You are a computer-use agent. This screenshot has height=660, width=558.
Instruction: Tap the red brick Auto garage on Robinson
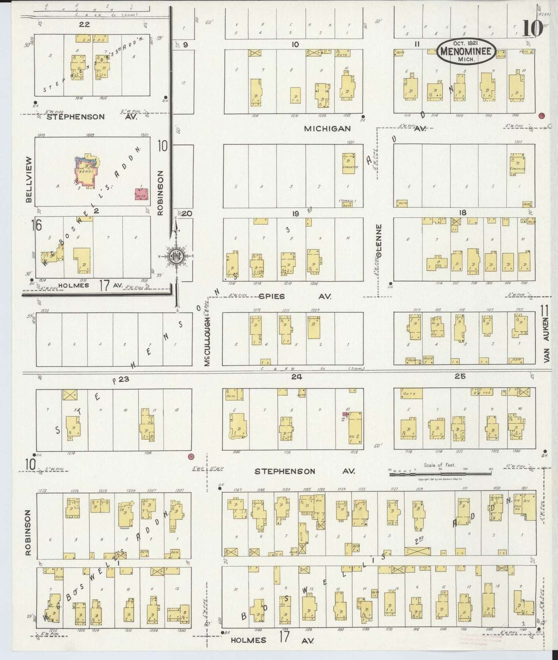pyautogui.click(x=141, y=195)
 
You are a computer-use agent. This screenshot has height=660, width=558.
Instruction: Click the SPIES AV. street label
pyautogui.click(x=272, y=296)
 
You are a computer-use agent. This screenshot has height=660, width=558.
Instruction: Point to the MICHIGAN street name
pyautogui.click(x=327, y=129)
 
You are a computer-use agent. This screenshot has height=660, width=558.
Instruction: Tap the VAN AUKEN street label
pyautogui.click(x=546, y=340)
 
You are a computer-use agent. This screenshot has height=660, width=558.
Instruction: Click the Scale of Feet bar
pyautogui.click(x=440, y=470)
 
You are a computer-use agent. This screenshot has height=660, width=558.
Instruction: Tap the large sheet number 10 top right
pyautogui.click(x=533, y=28)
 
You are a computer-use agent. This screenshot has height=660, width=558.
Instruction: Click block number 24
pyautogui.click(x=296, y=377)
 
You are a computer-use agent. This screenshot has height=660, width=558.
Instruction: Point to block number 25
pyautogui.click(x=460, y=376)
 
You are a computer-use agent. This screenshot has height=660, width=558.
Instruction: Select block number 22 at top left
pyautogui.click(x=84, y=24)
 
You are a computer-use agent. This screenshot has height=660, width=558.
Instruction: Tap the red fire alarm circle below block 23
pyautogui.click(x=191, y=457)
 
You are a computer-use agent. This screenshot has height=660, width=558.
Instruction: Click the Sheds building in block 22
pyautogui.click(x=92, y=39)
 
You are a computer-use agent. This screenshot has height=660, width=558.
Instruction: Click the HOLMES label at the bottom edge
pyautogui.click(x=249, y=640)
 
